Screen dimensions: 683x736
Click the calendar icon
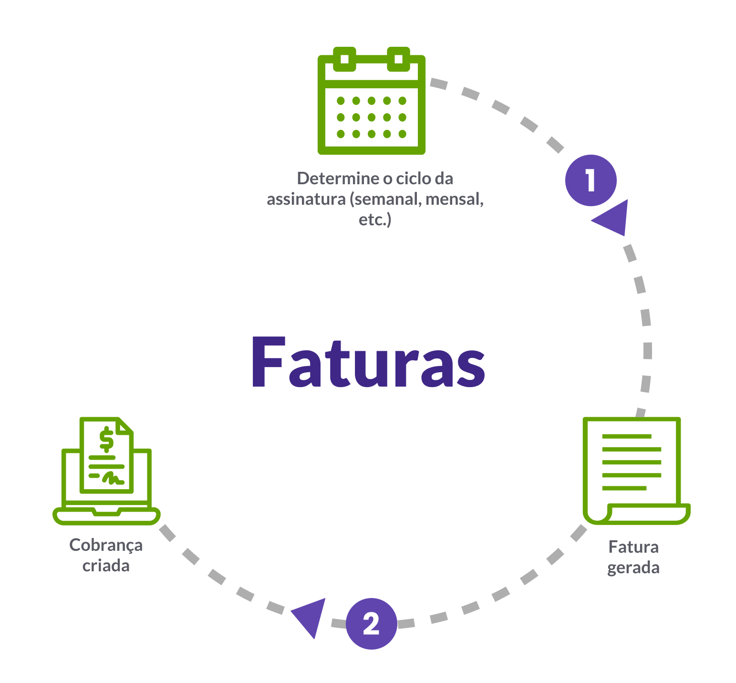371,101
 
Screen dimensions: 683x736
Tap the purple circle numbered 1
591,180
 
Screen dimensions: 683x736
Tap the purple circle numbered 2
371,623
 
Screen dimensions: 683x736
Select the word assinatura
306,199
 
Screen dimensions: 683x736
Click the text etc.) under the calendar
375,220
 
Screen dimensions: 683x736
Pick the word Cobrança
106,545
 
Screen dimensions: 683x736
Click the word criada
106,566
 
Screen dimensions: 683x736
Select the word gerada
633,568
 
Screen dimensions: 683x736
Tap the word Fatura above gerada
633,547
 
